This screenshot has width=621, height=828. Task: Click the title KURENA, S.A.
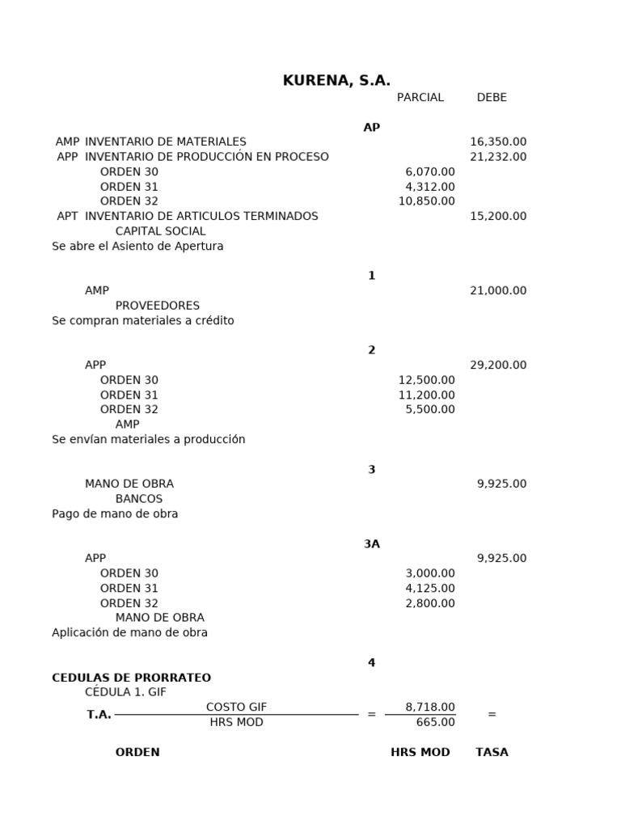click(x=336, y=81)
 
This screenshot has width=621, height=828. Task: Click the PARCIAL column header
click(x=420, y=98)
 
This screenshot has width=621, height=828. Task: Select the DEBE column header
click(x=492, y=98)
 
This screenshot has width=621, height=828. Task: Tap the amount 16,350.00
click(x=498, y=142)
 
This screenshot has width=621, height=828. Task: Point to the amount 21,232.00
click(x=498, y=157)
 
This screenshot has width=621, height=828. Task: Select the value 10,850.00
click(x=426, y=201)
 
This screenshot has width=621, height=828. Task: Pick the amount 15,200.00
click(x=498, y=217)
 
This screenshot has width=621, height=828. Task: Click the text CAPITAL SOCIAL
click(x=160, y=231)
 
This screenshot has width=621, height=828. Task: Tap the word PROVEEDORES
click(x=157, y=306)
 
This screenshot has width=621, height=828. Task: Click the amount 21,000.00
click(x=498, y=291)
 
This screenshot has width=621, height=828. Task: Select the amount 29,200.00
click(x=498, y=365)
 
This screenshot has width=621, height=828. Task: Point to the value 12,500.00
click(x=426, y=380)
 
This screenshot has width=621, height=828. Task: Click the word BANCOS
click(x=138, y=499)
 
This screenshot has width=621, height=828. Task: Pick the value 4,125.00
click(x=429, y=589)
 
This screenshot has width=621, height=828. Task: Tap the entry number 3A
click(x=371, y=544)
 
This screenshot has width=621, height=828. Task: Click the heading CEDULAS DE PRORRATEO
click(x=131, y=678)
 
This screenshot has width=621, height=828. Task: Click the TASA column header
click(x=492, y=752)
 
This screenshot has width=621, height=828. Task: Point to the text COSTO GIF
click(x=236, y=708)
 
